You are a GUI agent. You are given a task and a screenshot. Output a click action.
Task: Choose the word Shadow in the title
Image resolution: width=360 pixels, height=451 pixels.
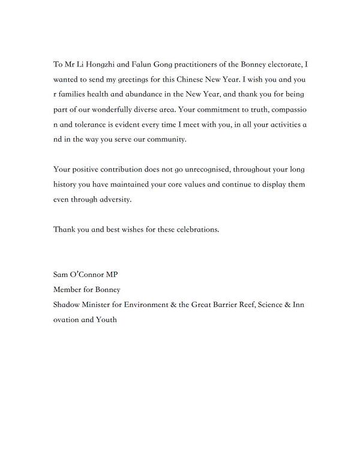click(66, 305)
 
